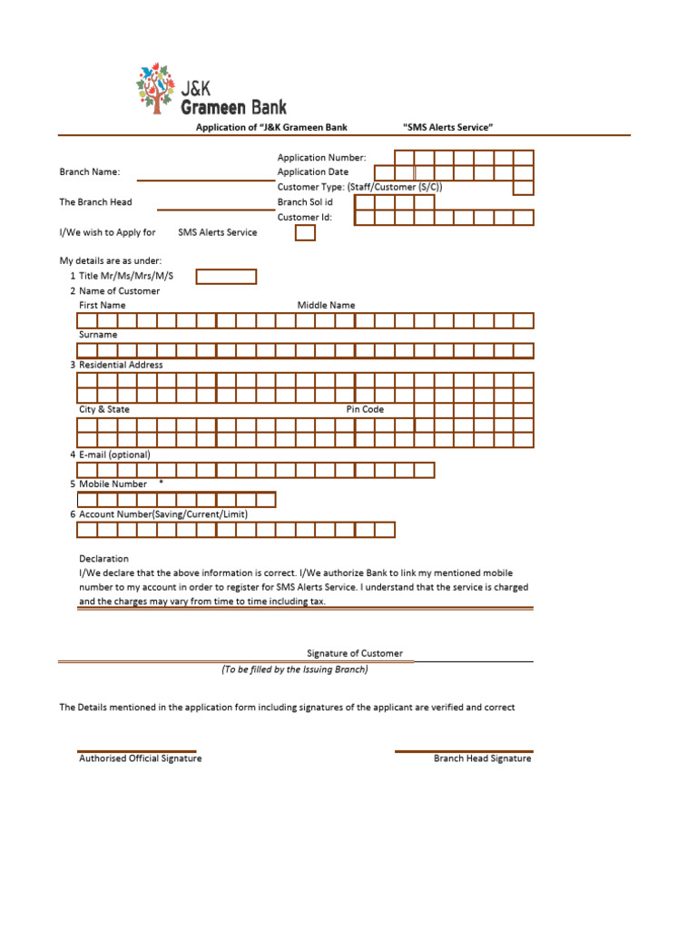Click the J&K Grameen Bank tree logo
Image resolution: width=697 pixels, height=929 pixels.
(153, 87)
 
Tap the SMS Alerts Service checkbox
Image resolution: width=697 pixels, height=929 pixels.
(306, 233)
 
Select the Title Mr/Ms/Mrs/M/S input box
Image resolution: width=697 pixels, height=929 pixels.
(226, 277)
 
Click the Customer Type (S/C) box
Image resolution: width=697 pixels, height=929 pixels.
(523, 188)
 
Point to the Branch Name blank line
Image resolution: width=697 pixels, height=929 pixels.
(203, 179)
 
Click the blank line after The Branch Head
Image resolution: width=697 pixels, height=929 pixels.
(215, 209)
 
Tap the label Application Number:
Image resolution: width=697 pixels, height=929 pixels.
(321, 158)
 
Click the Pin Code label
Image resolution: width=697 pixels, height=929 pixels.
(365, 409)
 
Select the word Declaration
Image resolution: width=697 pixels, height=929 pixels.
(103, 559)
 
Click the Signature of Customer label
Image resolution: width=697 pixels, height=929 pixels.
(355, 653)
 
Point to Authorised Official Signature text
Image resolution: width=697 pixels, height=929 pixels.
(141, 758)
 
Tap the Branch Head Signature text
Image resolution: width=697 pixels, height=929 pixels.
(482, 758)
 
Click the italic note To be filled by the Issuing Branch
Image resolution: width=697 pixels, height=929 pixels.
(295, 670)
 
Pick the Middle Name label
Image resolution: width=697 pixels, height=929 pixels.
(326, 306)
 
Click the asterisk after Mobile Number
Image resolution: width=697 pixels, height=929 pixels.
(161, 483)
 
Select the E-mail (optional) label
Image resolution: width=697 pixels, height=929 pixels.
(114, 455)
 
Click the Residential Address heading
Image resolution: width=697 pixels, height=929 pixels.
(121, 365)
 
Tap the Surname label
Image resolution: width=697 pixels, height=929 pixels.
(98, 335)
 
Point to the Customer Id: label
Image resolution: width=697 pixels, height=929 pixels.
(305, 218)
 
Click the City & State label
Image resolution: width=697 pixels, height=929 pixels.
(104, 409)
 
